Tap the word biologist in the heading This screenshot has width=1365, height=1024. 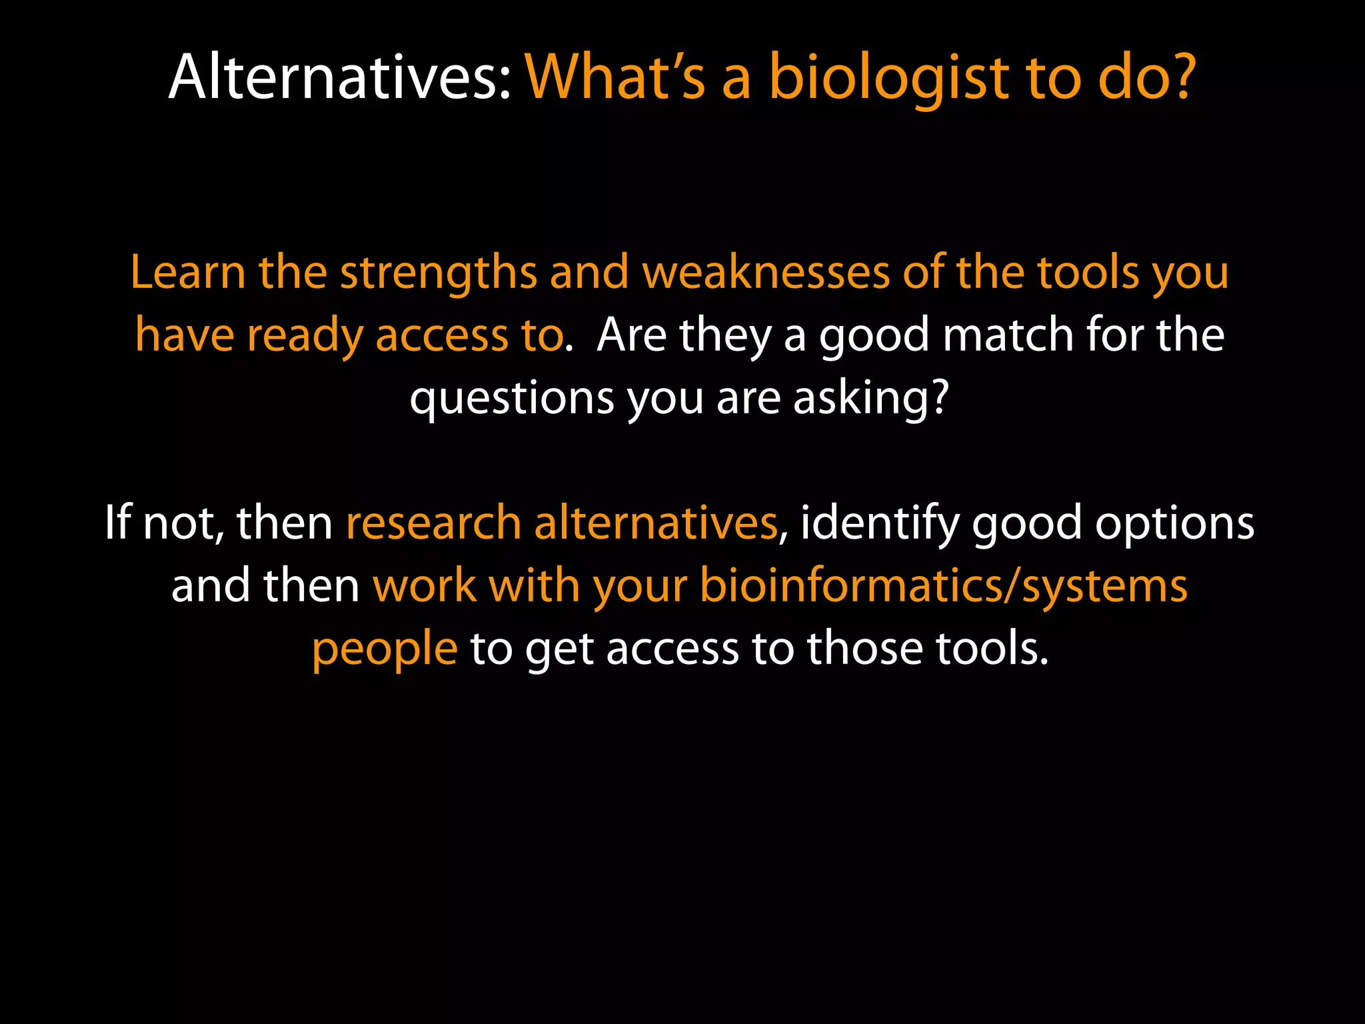point(889,79)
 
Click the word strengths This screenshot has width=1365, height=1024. point(438,273)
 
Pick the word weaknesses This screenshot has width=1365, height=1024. point(766,273)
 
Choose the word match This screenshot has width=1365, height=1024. point(1009,335)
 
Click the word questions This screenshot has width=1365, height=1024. point(511,399)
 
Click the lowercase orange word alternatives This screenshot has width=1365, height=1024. point(656,523)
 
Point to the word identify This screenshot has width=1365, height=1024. point(879,524)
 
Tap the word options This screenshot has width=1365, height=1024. point(1175,524)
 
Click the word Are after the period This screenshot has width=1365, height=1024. point(631,335)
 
